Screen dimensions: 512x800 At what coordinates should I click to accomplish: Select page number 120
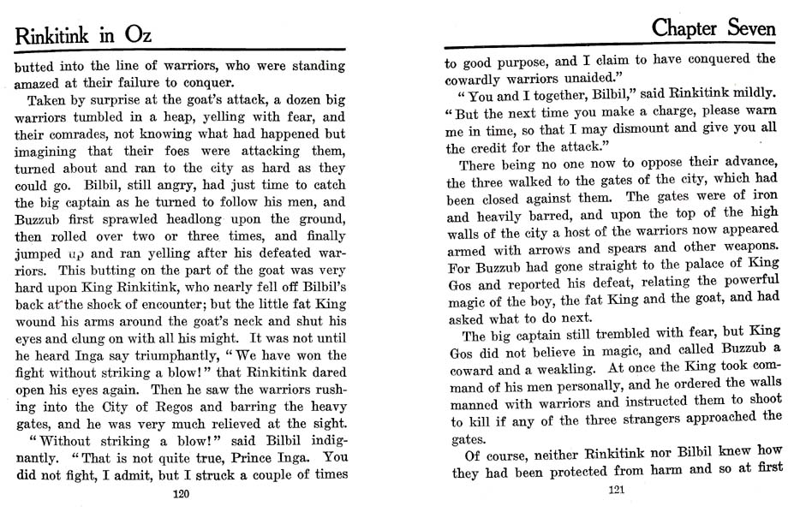tap(180, 494)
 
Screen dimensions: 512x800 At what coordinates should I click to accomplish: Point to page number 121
tap(617, 491)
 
